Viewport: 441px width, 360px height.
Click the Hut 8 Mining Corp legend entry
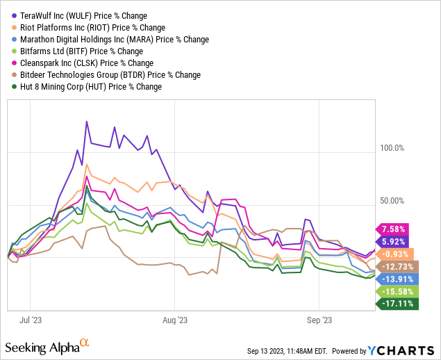click(87, 86)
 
